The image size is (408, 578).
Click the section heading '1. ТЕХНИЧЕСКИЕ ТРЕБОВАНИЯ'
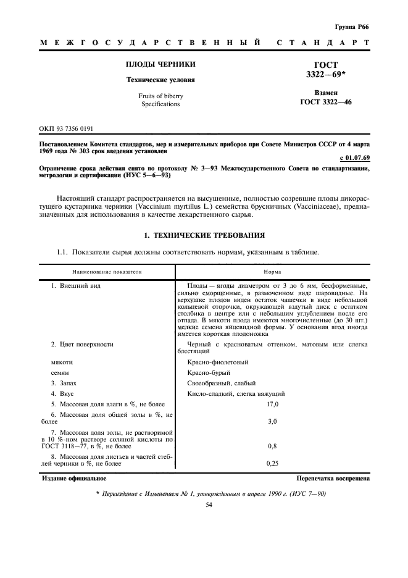204,235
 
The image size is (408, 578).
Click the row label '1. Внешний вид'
76,286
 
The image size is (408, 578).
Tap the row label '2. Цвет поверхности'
82,344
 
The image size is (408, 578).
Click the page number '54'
208,505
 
